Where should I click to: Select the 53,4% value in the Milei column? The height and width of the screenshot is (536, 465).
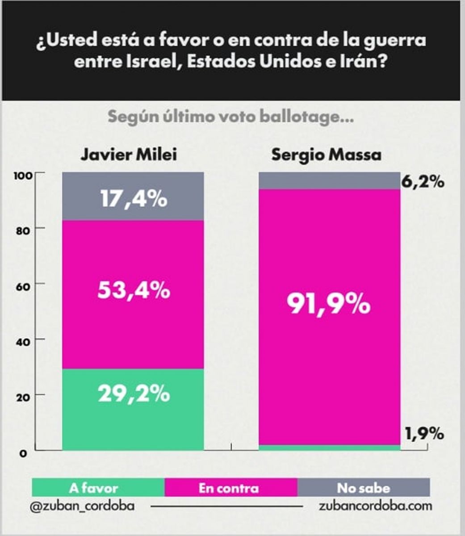tap(133, 290)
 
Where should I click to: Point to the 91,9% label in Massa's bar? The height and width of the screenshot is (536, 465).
tap(328, 306)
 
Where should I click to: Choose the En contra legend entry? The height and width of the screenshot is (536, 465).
tap(228, 488)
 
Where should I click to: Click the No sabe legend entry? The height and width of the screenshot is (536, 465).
tap(363, 488)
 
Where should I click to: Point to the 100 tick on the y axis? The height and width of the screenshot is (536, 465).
tap(25, 175)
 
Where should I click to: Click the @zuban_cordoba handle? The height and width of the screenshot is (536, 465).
tap(82, 507)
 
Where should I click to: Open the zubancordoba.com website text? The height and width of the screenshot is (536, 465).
tap(376, 506)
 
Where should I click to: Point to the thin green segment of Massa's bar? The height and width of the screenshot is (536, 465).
tap(329, 448)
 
